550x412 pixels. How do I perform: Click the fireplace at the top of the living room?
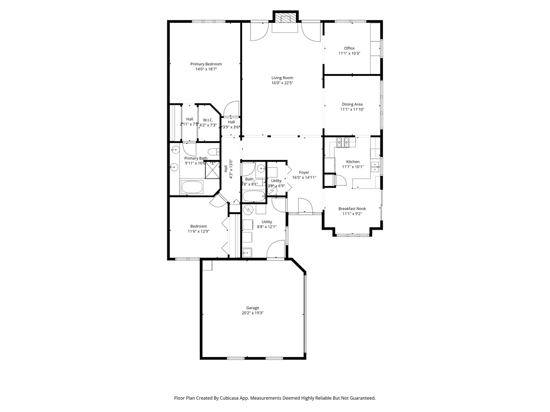tap(285, 19)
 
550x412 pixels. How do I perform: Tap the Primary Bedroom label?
tap(206, 64)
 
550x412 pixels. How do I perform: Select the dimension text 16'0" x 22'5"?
tap(282, 83)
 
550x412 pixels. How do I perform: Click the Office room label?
tap(349, 48)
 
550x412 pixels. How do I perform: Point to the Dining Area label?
tap(352, 104)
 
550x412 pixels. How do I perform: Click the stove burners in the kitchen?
tap(343, 142)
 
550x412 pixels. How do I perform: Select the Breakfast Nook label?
tap(352, 209)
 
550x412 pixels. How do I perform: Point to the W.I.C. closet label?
tap(208, 120)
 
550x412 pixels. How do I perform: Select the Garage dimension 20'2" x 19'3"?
tap(252, 313)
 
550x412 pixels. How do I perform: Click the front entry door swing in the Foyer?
tap(305, 206)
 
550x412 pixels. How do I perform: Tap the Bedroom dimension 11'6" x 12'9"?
tap(198, 231)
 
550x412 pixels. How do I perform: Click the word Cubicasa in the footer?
tap(230, 398)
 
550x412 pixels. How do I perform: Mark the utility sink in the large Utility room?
tap(247, 252)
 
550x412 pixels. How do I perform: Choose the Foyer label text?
tap(304, 172)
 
